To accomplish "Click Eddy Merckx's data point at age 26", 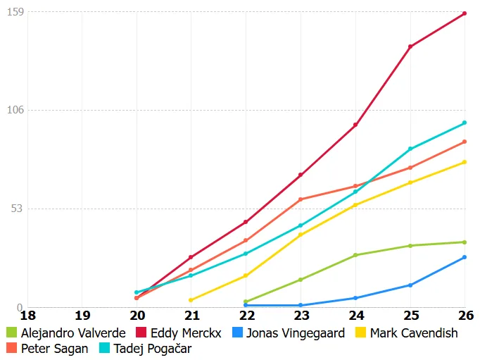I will coord(465,13).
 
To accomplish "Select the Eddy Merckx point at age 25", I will coord(410,46).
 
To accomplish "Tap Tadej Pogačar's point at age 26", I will coord(465,123).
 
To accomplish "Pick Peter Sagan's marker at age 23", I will coord(301,199).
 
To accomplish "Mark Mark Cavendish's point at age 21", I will coord(191,300).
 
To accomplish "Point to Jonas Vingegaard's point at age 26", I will coord(465,257).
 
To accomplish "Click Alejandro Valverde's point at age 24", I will coord(355,255).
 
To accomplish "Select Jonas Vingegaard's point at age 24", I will coord(355,298).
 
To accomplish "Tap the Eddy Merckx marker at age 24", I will coord(355,125).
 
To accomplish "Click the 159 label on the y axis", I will coord(15,12).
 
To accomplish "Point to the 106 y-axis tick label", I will coord(15,110).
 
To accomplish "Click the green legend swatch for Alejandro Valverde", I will coord(11,333).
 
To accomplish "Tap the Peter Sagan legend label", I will coord(55,348).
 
